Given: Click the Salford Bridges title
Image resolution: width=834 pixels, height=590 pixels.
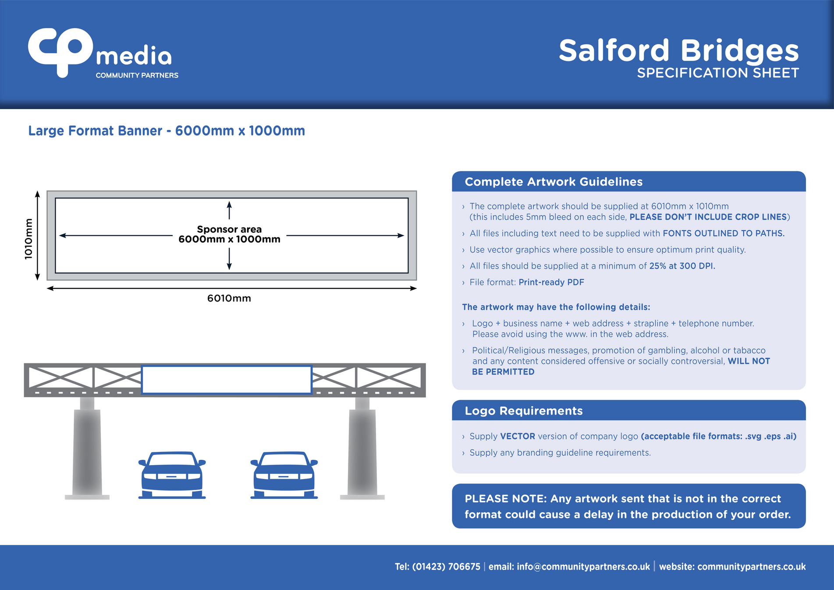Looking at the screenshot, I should (x=678, y=50).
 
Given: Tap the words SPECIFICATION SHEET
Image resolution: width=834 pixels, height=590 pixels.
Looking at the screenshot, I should (x=717, y=73).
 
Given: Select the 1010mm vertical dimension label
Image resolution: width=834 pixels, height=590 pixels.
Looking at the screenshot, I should (x=28, y=239).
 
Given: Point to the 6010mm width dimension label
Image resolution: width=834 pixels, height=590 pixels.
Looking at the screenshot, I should (x=229, y=299).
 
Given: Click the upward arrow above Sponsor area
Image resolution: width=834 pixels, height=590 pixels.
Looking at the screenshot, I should (x=229, y=210).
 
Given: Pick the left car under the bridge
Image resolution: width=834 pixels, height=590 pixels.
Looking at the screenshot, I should (x=172, y=476).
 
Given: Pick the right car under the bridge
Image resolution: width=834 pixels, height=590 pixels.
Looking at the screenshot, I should (x=284, y=476).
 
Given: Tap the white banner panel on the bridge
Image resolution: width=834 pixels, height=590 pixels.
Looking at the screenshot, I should (x=226, y=380).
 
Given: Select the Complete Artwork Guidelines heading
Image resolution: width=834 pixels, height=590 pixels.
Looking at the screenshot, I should (x=553, y=182).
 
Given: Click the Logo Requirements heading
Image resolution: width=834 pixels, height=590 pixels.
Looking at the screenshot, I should (x=523, y=411).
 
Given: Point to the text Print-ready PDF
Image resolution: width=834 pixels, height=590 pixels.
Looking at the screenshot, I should (x=551, y=282).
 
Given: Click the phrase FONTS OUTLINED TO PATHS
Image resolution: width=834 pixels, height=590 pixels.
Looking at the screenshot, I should (x=723, y=233).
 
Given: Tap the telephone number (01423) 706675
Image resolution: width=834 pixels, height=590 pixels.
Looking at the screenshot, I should (x=446, y=567).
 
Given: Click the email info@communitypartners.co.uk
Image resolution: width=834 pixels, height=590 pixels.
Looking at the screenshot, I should (x=583, y=567).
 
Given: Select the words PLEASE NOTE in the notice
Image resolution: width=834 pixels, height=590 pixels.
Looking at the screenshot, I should (x=505, y=499).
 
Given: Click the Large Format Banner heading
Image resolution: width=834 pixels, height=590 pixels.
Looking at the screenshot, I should (x=166, y=131).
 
